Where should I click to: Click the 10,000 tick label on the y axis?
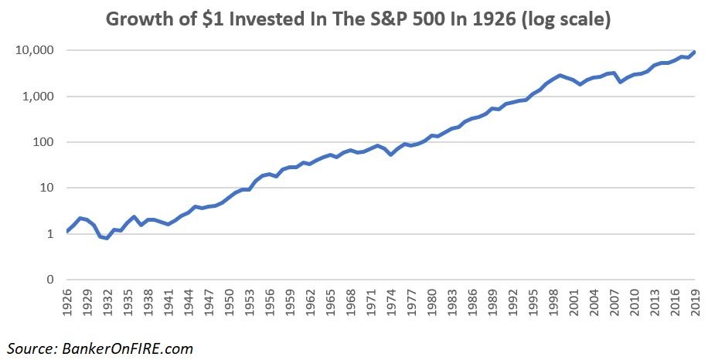(x=34, y=51)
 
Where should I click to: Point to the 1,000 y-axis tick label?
(x=38, y=97)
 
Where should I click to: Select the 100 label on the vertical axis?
(x=43, y=142)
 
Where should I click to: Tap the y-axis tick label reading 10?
(x=46, y=188)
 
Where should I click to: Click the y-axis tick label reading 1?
(x=49, y=234)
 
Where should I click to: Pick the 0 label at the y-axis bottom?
(x=49, y=280)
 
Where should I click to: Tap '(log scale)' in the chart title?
(x=567, y=19)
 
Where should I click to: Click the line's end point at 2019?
(x=693, y=53)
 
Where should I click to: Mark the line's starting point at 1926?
(x=68, y=231)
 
